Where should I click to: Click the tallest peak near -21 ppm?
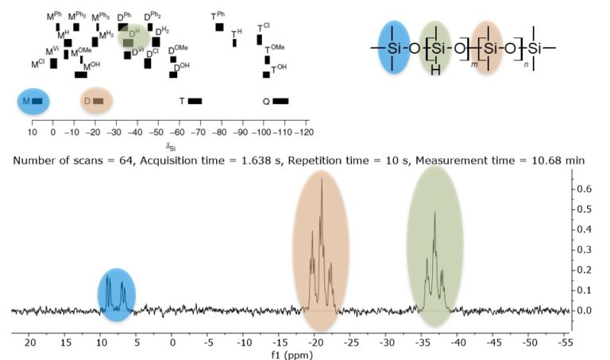click(322, 181)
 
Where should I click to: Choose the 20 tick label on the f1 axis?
click(30, 343)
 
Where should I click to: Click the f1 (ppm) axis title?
click(299, 354)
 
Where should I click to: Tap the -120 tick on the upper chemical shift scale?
click(304, 132)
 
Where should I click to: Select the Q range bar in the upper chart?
click(280, 101)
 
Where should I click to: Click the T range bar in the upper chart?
click(195, 101)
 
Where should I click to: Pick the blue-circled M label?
click(26, 101)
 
